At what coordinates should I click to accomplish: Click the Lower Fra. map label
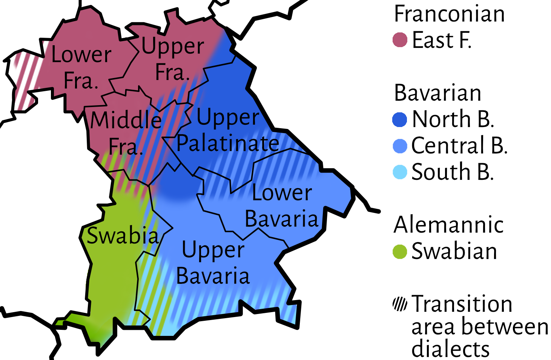(81, 68)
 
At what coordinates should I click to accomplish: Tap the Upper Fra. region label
(173, 59)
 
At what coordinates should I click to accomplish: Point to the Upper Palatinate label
(228, 130)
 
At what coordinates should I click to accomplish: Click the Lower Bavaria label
(282, 206)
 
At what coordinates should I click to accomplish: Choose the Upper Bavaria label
(213, 263)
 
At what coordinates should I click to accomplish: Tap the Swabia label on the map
(123, 236)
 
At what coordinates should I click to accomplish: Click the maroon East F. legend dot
(400, 40)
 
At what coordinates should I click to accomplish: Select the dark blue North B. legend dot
(400, 119)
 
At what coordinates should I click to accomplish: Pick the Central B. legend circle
(400, 146)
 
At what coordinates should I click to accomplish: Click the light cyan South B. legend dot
(400, 172)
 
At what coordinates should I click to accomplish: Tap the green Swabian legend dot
(400, 251)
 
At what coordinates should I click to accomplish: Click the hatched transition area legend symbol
(400, 304)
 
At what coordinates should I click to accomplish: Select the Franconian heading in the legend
(449, 14)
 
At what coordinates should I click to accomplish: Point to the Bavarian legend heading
(437, 93)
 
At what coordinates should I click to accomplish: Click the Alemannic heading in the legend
(448, 225)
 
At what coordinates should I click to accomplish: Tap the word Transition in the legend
(462, 304)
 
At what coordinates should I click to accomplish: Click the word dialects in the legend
(450, 349)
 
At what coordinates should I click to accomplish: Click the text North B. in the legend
(453, 119)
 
